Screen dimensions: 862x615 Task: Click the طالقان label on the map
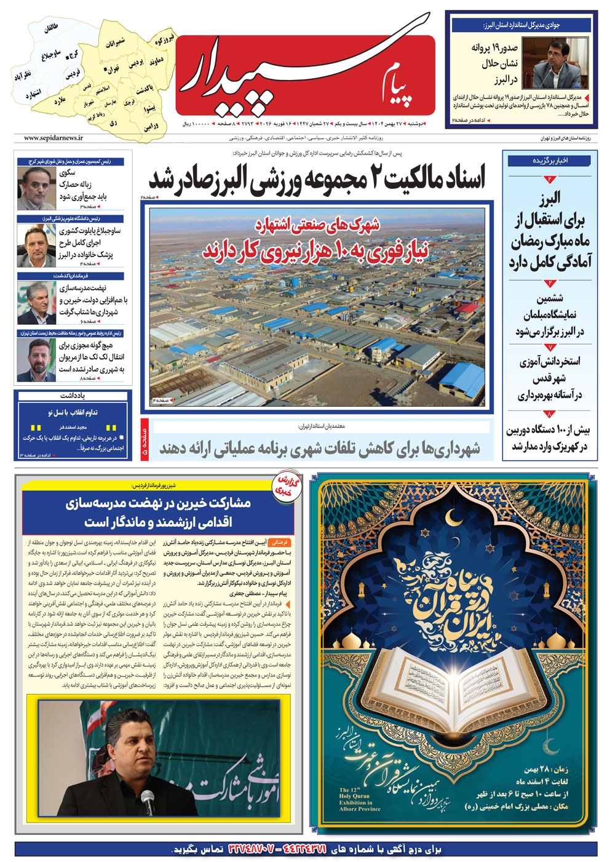(51, 29)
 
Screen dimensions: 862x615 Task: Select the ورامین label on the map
(151, 127)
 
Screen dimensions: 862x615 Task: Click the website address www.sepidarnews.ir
(54, 138)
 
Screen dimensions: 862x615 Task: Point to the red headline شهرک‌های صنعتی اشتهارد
(317, 224)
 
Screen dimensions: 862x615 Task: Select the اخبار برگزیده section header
(550, 161)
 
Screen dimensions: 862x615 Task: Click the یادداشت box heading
(73, 396)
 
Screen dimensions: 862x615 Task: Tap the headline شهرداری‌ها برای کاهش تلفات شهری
(320, 449)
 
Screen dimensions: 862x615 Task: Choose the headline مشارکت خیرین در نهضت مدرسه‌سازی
(158, 513)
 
